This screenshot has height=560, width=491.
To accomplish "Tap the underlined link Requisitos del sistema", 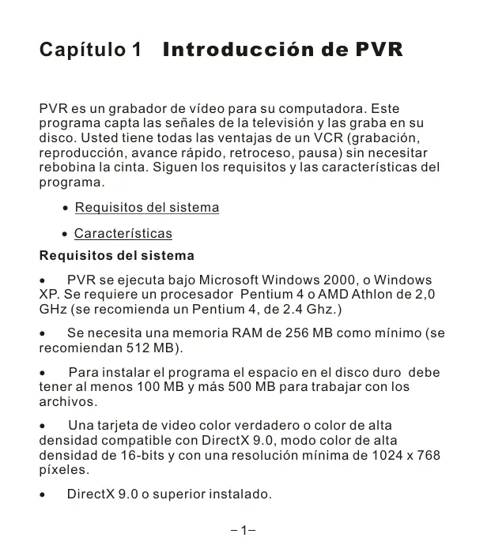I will (x=146, y=208).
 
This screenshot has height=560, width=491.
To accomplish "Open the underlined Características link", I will (x=123, y=234).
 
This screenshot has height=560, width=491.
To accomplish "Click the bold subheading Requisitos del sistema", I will (x=116, y=256).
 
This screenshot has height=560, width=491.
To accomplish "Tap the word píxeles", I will (x=64, y=470).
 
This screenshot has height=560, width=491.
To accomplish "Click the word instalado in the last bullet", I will (x=240, y=494).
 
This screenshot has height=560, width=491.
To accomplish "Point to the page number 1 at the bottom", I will (x=245, y=530).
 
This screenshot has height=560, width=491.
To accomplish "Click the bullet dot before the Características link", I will (x=65, y=235).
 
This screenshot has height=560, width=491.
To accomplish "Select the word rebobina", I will (x=69, y=167).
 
